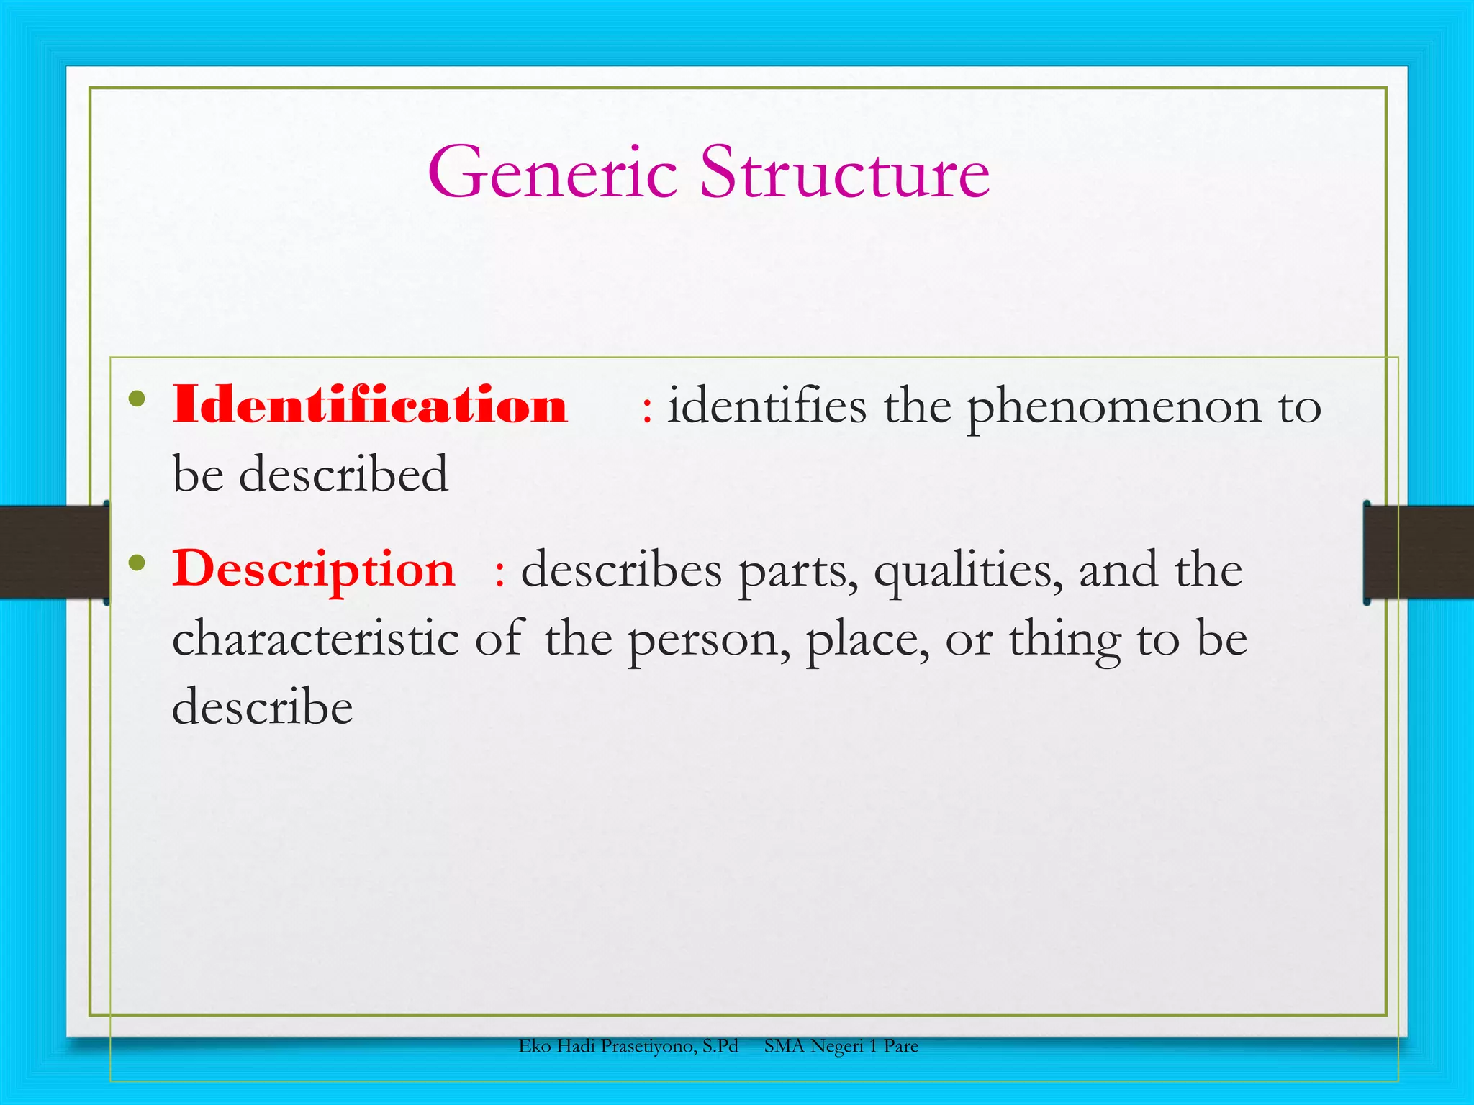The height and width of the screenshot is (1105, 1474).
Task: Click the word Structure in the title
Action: [845, 173]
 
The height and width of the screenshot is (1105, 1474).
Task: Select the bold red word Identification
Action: [370, 405]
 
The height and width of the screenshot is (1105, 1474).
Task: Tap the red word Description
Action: [314, 569]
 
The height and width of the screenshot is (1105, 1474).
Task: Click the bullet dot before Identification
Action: [137, 399]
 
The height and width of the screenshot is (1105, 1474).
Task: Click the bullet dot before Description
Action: [137, 563]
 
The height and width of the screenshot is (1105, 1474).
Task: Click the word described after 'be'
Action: [343, 474]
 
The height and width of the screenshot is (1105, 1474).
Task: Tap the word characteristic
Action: [315, 638]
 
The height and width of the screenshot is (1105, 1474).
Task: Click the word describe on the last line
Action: [263, 706]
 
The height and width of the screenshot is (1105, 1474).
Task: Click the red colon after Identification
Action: [647, 410]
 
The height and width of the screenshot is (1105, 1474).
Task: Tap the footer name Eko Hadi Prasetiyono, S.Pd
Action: [628, 1046]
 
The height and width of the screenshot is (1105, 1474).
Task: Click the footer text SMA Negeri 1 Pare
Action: [841, 1046]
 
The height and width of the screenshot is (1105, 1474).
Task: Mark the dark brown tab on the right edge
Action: [1418, 552]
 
